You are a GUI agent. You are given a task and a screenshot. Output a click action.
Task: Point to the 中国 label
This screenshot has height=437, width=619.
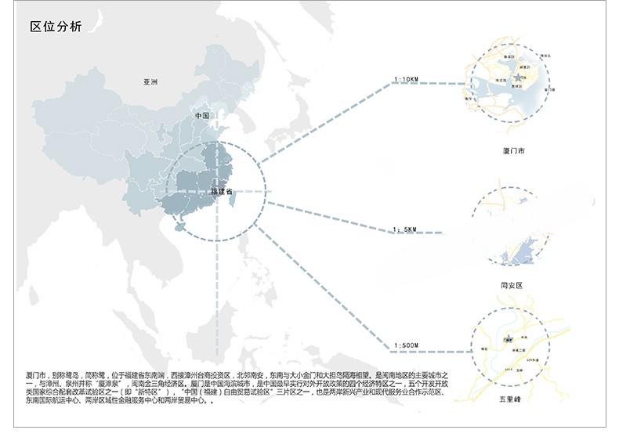[x=202, y=116]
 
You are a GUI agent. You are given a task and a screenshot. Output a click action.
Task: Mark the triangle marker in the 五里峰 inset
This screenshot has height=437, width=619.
[x=508, y=339]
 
